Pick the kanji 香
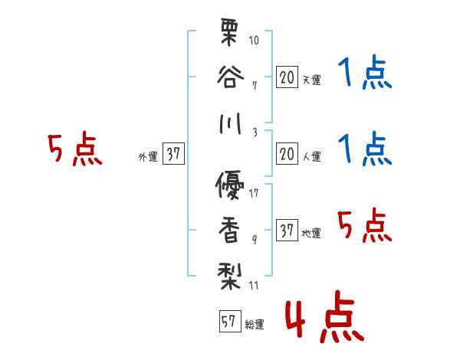coord(230,228)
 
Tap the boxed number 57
coord(228,322)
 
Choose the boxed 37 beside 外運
coord(173,155)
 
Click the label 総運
coord(255,325)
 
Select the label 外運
coord(147,157)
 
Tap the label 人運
coord(311,157)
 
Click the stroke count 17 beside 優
coord(255,193)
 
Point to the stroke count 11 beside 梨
coord(255,286)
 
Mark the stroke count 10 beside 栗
coord(255,39)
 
